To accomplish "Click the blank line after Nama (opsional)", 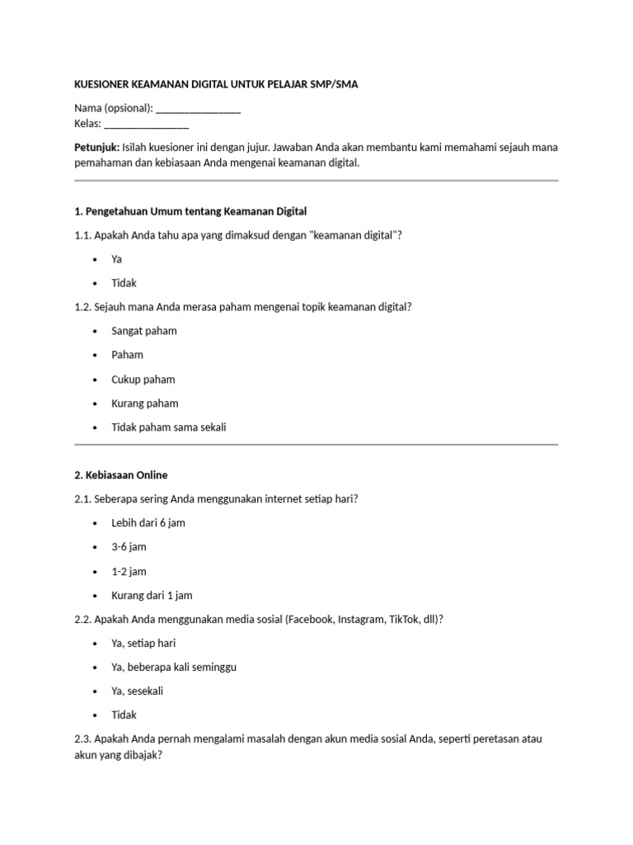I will point(198,109).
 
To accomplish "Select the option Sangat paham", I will point(143,331).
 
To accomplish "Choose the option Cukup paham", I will point(143,380).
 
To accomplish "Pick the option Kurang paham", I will point(144,404).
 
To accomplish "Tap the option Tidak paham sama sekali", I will point(168,427).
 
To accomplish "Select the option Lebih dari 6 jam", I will point(148,523).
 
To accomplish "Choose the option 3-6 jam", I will point(129,547).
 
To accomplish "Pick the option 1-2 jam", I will point(129,571).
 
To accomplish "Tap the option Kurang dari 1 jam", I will point(152,595).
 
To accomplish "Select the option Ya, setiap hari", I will point(143,643).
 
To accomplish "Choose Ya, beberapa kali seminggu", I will point(174,667).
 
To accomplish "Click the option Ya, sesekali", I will point(137,691).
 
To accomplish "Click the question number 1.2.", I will point(82,307).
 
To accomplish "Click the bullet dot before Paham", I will point(96,356).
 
